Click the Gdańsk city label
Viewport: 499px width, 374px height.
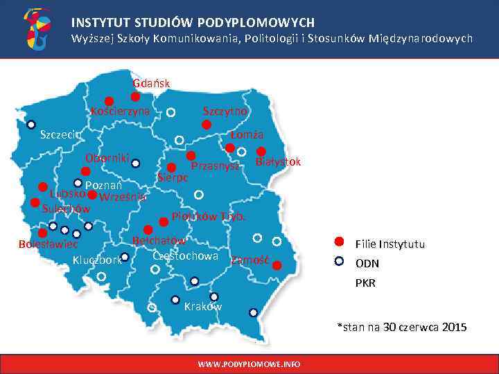coord(151,84)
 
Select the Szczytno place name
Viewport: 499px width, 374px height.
coord(225,111)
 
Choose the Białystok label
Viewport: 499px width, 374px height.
coord(278,162)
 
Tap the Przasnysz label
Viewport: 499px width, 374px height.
coord(215,166)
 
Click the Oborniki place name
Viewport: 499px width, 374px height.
coord(107,157)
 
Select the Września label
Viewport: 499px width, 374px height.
coord(123,197)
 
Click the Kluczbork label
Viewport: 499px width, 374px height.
coord(97,260)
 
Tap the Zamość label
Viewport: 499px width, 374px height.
coord(250,260)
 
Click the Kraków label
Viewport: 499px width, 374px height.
coord(203,306)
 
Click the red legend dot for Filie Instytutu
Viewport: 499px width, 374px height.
coord(339,242)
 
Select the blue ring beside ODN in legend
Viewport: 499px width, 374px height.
coord(339,262)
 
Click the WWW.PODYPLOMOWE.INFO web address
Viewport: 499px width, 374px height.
coord(249,364)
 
